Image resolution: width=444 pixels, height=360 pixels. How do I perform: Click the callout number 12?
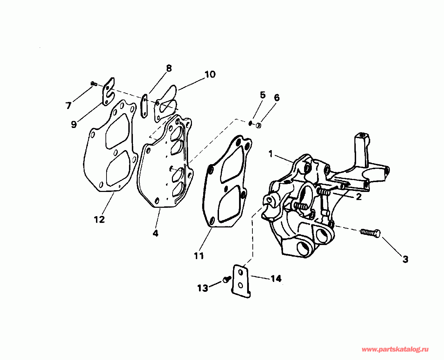(x=99, y=219)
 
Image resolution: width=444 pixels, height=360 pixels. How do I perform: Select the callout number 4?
(x=155, y=233)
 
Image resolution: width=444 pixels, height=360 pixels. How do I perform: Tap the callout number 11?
(x=199, y=256)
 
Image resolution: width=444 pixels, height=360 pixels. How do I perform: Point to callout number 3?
(x=405, y=259)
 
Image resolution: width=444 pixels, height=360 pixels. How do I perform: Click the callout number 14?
(x=276, y=279)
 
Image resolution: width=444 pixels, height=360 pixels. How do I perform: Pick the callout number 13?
(x=202, y=288)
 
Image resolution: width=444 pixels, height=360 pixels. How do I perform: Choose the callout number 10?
(x=210, y=75)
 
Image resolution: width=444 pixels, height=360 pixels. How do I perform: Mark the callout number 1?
(x=270, y=154)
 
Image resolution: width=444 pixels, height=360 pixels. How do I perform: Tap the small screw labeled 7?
(x=94, y=83)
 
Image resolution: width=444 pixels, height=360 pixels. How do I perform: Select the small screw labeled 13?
(x=226, y=280)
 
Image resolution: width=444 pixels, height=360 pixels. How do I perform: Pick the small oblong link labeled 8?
(x=144, y=105)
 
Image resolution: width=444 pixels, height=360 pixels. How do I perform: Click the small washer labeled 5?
(x=250, y=123)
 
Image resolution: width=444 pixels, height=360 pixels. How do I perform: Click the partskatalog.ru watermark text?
(x=395, y=349)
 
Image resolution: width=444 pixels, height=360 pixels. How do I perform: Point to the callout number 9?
(x=73, y=124)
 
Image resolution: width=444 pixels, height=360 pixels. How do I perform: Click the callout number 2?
(x=359, y=197)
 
